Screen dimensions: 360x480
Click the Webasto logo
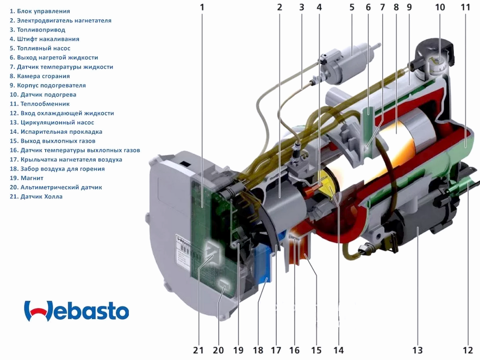point(76,311)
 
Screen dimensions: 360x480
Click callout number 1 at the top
point(202,7)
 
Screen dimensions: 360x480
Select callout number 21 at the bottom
point(198,350)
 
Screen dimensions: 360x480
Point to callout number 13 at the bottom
point(417,350)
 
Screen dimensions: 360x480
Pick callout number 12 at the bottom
point(467,350)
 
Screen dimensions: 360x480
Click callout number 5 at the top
point(352,7)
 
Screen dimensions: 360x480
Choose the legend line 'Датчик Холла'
point(36,197)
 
